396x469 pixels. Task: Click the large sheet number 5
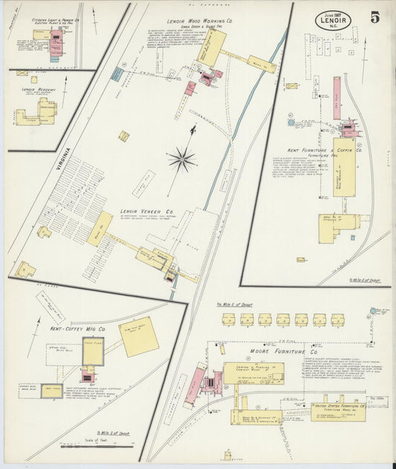pos(375,18)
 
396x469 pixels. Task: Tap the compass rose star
pos(181,157)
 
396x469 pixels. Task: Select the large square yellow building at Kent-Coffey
pos(140,336)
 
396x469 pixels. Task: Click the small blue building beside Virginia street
pos(116,74)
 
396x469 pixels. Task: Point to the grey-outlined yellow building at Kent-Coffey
pos(93,352)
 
